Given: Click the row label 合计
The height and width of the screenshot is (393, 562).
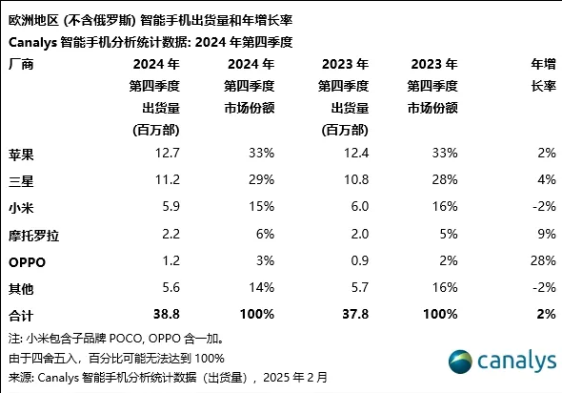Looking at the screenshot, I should click(x=20, y=314).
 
